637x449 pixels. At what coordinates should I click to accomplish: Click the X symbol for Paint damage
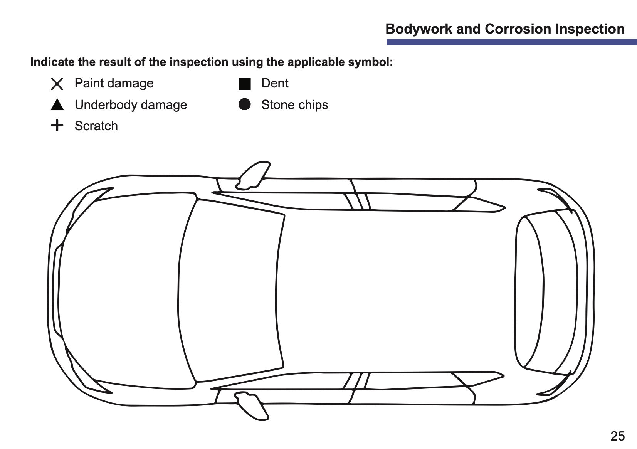57,84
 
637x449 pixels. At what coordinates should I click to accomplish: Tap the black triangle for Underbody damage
57,105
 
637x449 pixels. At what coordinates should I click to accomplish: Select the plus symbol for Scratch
57,125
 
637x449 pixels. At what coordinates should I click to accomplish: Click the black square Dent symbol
245,84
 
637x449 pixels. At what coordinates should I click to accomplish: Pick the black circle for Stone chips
245,104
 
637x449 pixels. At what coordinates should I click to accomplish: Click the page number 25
617,436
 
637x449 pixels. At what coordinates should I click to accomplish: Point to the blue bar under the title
512,42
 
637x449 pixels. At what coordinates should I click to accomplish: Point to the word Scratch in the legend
96,126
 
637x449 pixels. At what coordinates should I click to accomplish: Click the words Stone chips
295,105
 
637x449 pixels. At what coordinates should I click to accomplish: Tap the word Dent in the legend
275,83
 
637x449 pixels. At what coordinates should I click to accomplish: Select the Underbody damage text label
131,105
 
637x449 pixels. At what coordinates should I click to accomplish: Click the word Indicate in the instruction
52,62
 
